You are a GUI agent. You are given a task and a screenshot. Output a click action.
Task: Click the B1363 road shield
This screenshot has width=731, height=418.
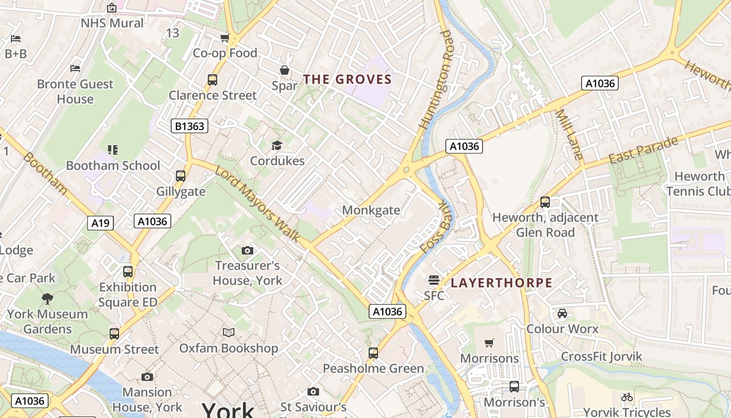coord(190,126)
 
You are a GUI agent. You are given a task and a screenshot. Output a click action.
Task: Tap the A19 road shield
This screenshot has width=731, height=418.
coord(100,224)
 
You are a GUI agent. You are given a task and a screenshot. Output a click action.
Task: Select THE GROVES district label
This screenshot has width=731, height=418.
coord(347,79)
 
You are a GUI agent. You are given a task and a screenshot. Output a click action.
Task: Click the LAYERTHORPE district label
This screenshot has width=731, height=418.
coord(501,283)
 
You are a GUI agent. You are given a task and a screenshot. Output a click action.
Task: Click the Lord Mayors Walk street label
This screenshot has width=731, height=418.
coord(257,204)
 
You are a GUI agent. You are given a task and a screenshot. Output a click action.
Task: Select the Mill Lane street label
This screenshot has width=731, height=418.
coord(569,134)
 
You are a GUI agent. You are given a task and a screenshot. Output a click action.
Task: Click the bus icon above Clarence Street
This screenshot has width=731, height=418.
coord(213,80)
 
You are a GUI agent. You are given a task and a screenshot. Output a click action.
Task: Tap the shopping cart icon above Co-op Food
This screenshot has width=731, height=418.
coord(225,38)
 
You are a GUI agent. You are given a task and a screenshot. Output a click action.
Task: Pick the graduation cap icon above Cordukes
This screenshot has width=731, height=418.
coord(277,145)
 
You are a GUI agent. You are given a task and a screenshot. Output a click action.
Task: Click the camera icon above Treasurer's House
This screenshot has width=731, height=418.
coord(247,251)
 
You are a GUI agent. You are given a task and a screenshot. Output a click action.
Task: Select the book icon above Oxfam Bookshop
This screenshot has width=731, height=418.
coord(229,332)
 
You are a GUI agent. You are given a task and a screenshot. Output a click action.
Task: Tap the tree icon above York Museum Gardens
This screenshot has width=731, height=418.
coord(48,299)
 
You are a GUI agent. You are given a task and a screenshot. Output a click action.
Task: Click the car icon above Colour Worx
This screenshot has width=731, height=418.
coord(562,313)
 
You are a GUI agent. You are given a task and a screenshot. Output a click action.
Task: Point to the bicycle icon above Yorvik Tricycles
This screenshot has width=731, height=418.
coord(627,397)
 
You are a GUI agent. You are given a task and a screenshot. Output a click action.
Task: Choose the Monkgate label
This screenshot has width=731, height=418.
coord(371,210)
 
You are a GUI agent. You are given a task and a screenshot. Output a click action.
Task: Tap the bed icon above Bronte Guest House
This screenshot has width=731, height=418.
coord(75,68)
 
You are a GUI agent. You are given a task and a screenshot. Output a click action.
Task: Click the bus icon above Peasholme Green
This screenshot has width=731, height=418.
coord(373,353)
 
